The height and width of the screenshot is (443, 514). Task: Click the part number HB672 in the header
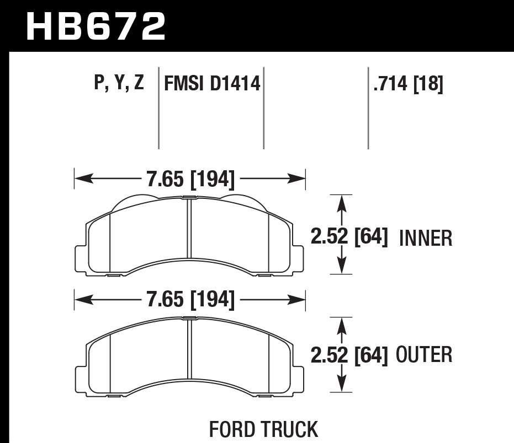(x=96, y=26)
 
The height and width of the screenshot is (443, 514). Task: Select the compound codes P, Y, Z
(x=119, y=84)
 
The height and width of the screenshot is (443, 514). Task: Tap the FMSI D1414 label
(x=211, y=84)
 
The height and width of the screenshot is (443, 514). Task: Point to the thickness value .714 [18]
(x=408, y=84)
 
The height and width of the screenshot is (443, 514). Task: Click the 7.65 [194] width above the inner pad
(x=190, y=179)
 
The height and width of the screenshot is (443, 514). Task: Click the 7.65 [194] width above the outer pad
(x=190, y=300)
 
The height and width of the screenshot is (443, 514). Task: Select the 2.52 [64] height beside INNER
(x=349, y=238)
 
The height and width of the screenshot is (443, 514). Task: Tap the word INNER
(x=425, y=239)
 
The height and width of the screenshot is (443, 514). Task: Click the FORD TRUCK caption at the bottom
(x=263, y=429)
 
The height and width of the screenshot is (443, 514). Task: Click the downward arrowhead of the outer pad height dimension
(x=342, y=386)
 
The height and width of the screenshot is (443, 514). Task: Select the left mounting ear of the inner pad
(x=80, y=257)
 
